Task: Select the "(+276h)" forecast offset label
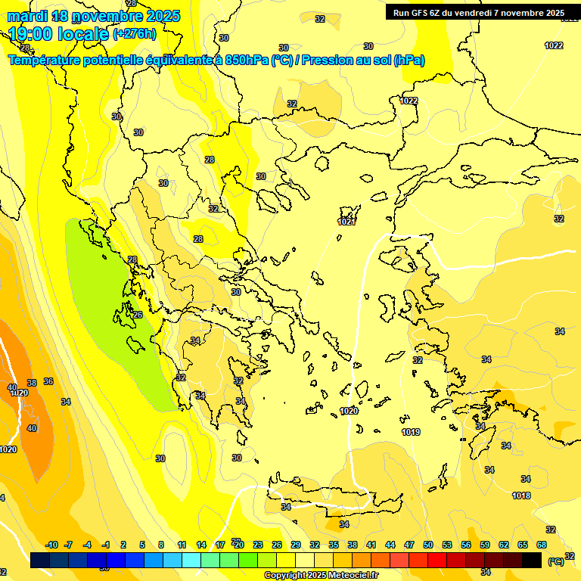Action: tap(135, 34)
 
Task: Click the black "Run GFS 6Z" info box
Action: tap(479, 13)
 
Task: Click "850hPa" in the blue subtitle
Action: tap(247, 61)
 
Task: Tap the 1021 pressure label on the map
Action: tap(346, 222)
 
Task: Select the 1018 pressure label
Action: tap(521, 496)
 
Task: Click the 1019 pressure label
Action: tap(411, 432)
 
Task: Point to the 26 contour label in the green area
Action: tap(138, 315)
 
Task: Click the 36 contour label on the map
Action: tap(48, 382)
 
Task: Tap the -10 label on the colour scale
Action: tap(51, 545)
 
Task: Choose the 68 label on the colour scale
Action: tap(542, 545)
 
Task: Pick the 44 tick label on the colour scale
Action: tap(390, 545)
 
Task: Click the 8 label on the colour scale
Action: tap(161, 545)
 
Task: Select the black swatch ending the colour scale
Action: tap(532, 560)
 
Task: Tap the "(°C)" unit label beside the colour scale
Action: tap(555, 561)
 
